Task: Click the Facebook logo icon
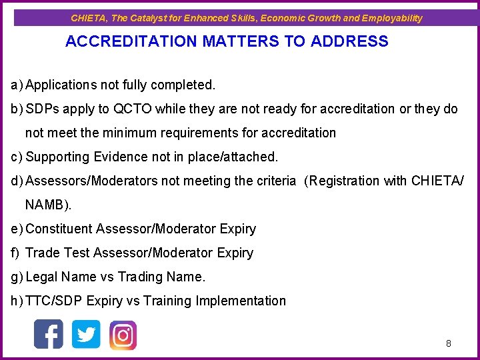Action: point(49,334)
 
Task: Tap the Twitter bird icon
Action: point(86,334)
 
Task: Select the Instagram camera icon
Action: point(123,335)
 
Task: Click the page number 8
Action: point(449,343)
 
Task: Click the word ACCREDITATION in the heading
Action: point(131,41)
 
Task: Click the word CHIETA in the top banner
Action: point(89,18)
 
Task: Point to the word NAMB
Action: point(47,205)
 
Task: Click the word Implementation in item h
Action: point(241,301)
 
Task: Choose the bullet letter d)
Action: point(17,181)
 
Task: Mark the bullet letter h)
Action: point(17,301)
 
